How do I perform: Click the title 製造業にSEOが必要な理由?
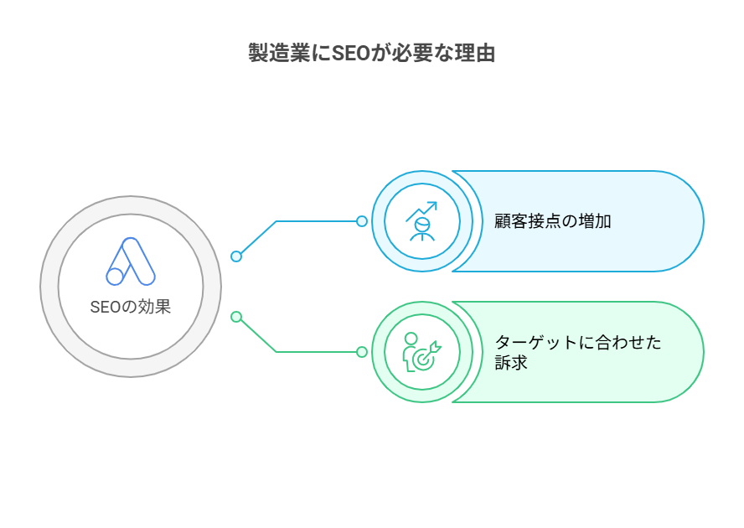point(372,54)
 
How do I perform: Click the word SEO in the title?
point(351,54)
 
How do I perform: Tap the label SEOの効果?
point(131,307)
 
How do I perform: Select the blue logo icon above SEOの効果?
point(131,261)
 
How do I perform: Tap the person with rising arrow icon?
point(421,221)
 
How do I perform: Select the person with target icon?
point(421,352)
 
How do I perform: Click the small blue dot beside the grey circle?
point(236,256)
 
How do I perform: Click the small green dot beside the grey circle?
point(236,317)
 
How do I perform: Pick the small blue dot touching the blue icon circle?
point(362,221)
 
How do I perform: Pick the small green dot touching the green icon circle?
point(362,352)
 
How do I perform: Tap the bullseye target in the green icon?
point(425,357)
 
